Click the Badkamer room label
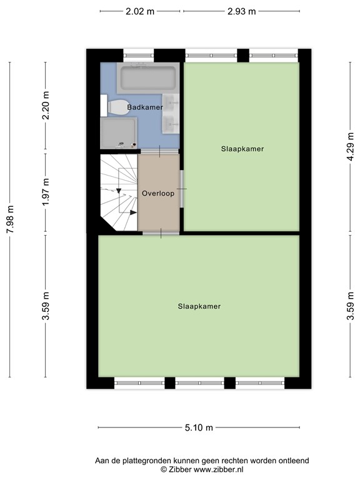[x=145, y=107]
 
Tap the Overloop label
[x=157, y=193]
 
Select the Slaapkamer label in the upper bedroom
[x=242, y=149]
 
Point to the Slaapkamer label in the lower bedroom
[x=199, y=306]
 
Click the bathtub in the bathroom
[x=148, y=78]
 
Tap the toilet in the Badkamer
[x=116, y=107]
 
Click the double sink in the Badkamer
[x=171, y=112]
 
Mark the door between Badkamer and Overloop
[x=159, y=151]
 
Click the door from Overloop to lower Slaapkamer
[x=161, y=233]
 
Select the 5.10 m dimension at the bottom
[x=199, y=427]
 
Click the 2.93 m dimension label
[x=241, y=11]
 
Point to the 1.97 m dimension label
[x=46, y=192]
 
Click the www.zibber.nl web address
[x=219, y=469]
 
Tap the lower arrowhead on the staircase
[x=133, y=212]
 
